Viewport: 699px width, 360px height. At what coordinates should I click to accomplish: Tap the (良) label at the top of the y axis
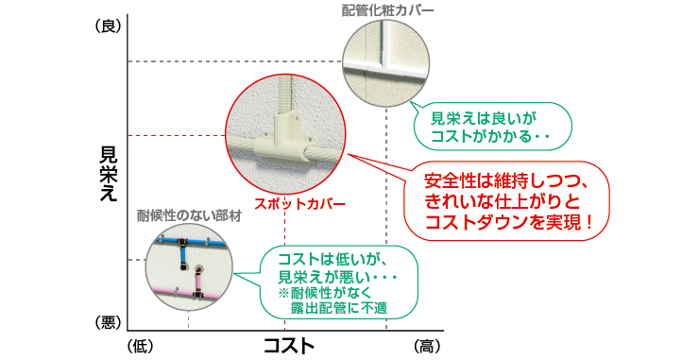109,27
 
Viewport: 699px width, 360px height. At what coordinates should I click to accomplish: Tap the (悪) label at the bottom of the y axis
109,323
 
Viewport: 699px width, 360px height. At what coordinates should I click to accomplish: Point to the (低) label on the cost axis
140,346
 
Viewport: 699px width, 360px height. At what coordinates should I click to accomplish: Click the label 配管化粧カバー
388,11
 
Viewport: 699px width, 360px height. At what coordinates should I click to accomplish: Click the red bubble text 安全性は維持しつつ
506,180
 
